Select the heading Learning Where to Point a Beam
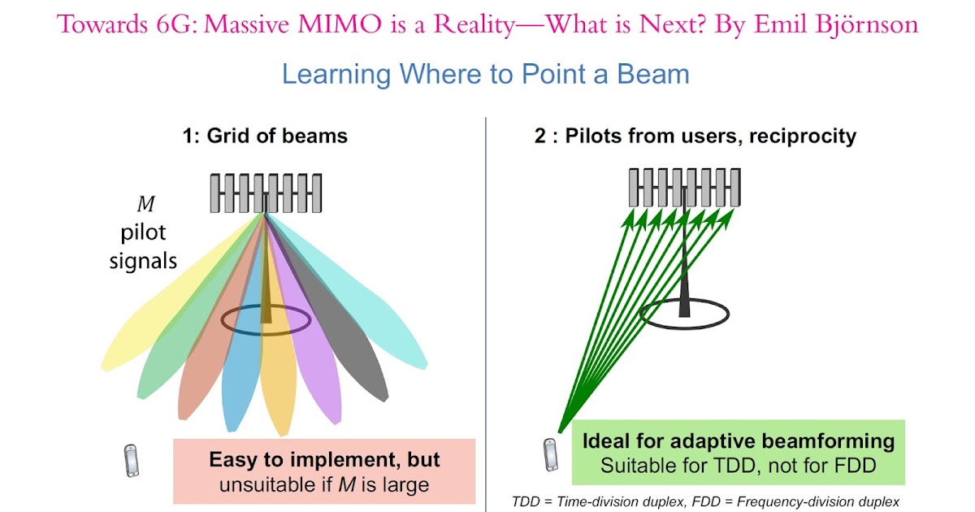pyautogui.click(x=485, y=75)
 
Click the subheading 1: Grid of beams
pyautogui.click(x=265, y=135)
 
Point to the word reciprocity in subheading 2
pyautogui.click(x=799, y=135)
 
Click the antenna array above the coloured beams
pyautogui.click(x=266, y=193)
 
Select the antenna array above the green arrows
pyautogui.click(x=685, y=188)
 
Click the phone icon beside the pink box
pyautogui.click(x=131, y=461)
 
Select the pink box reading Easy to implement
pyautogui.click(x=323, y=471)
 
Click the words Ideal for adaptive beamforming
pyautogui.click(x=739, y=441)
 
